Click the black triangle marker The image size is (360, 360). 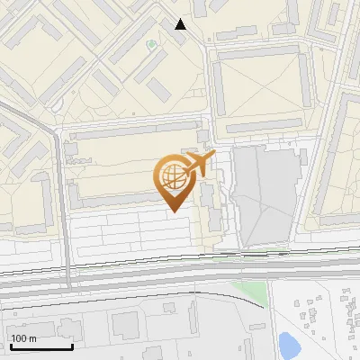click(181, 24)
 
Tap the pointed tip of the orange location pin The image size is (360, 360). click(172, 211)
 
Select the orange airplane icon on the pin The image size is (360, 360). click(198, 164)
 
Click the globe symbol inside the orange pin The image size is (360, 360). click(171, 176)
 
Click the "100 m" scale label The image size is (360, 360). click(23, 339)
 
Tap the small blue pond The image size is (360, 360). click(288, 343)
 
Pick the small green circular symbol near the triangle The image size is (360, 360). click(150, 43)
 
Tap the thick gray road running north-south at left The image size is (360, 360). click(62, 207)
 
